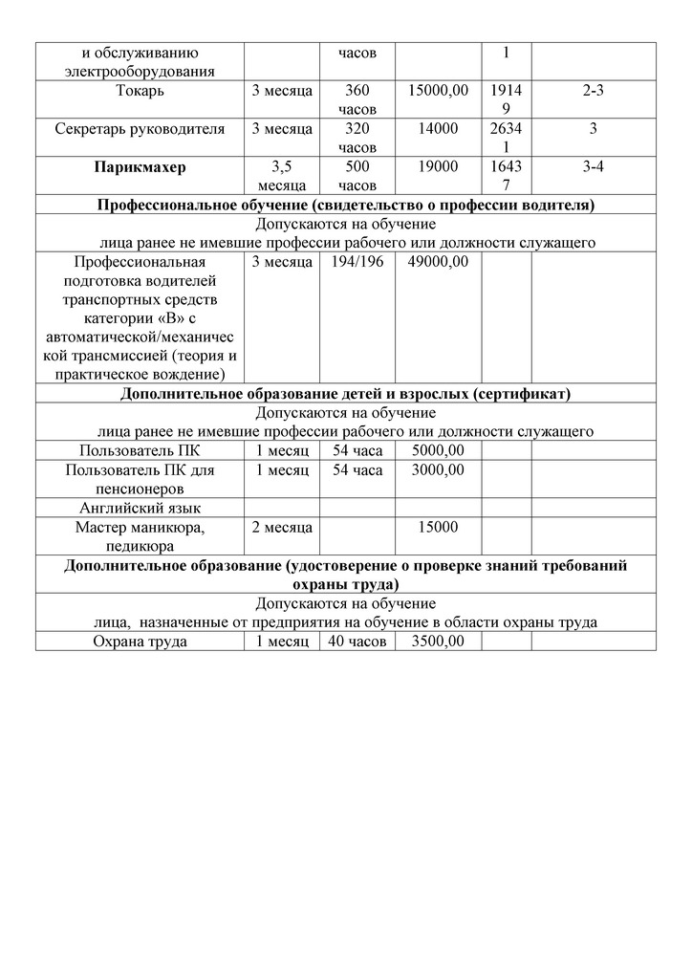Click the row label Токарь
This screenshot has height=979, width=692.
(x=139, y=92)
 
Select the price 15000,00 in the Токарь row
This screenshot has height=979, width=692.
(x=438, y=92)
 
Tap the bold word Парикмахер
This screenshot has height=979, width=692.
(x=140, y=167)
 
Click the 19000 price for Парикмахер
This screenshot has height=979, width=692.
(x=438, y=167)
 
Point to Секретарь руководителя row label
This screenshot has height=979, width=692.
(x=140, y=129)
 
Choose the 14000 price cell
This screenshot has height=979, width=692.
(x=438, y=129)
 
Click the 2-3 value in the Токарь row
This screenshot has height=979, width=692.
(x=593, y=92)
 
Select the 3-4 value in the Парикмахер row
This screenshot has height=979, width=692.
(x=593, y=167)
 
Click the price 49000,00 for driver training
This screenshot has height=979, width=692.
(x=438, y=262)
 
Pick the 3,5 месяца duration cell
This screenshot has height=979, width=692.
(x=282, y=176)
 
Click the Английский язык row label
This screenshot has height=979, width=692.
(x=140, y=508)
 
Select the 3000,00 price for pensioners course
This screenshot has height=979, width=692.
(x=438, y=470)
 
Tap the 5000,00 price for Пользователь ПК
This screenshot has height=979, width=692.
(x=438, y=451)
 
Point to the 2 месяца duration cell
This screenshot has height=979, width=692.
(x=282, y=527)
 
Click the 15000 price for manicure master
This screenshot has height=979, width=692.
(x=438, y=527)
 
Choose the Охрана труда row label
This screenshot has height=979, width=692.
(x=140, y=642)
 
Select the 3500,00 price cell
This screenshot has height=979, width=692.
(x=438, y=642)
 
